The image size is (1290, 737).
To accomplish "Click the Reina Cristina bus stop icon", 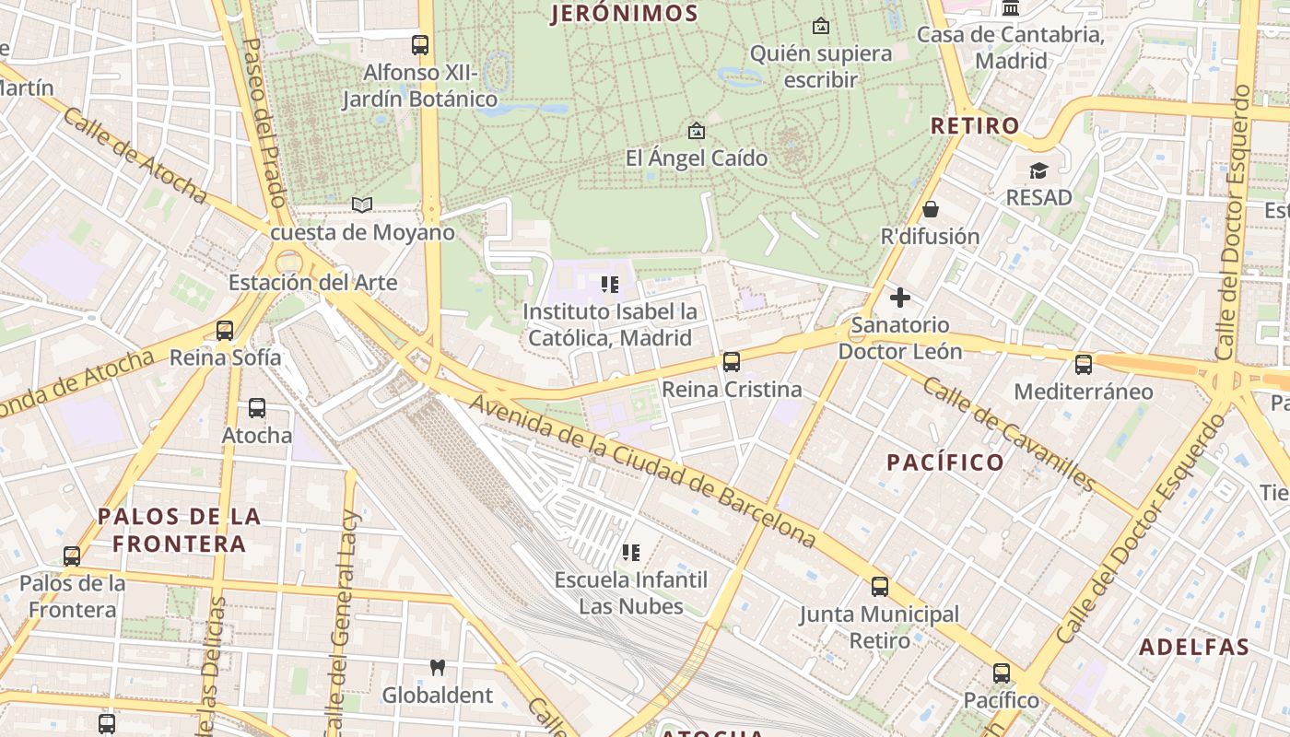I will (x=732, y=362).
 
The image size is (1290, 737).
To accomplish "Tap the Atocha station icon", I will (x=257, y=408).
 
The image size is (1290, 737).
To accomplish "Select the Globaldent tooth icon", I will (x=438, y=667).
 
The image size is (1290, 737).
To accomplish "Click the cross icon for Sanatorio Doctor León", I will (x=900, y=298).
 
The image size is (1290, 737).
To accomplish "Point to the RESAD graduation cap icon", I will (x=1038, y=170).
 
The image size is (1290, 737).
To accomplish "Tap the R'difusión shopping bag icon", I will (x=930, y=209).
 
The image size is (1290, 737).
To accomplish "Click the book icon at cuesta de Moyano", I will (x=362, y=205).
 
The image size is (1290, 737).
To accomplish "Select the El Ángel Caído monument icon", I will (x=696, y=131).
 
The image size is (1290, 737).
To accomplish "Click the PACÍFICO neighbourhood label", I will (x=945, y=462).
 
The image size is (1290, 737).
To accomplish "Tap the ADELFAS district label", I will (x=1194, y=647).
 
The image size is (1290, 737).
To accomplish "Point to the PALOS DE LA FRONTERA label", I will (x=180, y=530).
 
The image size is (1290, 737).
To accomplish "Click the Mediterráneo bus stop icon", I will (x=1084, y=364).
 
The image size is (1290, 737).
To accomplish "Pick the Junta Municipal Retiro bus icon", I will (x=880, y=587).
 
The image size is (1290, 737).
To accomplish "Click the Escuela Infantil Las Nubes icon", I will (x=631, y=553).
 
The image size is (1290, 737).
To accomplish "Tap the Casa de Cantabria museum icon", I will (x=1010, y=8).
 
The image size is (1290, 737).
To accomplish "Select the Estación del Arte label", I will (x=312, y=282).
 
